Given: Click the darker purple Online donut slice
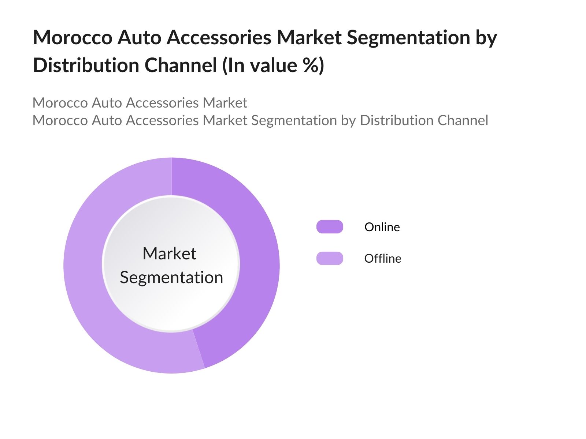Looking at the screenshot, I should coord(256,256).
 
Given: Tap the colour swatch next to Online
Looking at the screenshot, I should coord(330,227).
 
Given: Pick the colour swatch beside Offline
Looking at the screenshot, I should coord(330,258).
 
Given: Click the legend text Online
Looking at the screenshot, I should coord(382,227).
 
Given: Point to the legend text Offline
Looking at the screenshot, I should coord(383,259).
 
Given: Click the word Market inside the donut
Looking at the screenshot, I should coord(169,254).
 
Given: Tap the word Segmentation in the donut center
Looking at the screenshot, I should coord(171,277).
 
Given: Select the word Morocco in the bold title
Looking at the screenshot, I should coord(73,38).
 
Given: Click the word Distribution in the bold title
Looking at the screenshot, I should coord(86,65).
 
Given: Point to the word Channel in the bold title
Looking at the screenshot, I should coord(181,65).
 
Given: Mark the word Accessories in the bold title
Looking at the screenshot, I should coord(219,38).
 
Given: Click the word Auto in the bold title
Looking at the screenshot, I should coord(139,38).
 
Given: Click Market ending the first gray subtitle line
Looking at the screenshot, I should coord(225,103).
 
